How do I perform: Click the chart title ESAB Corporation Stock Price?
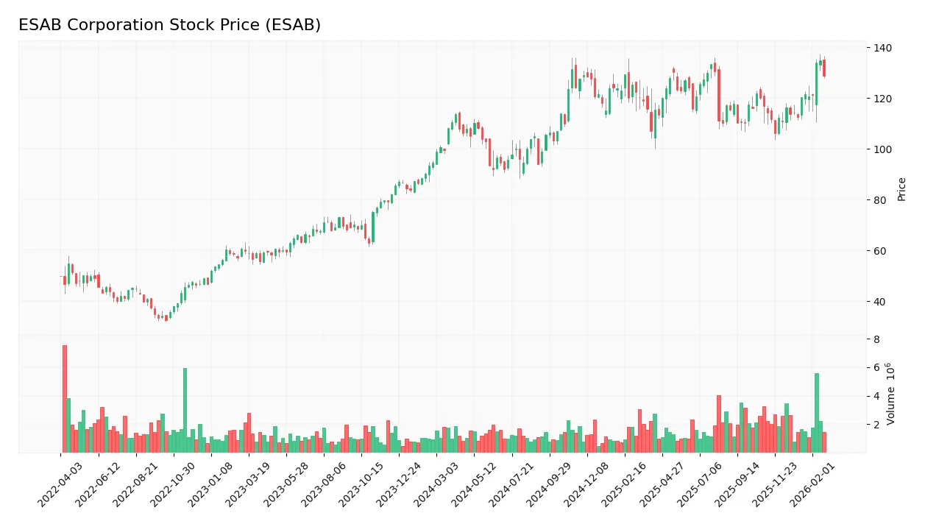tap(169, 25)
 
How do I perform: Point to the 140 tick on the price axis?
tap(882, 48)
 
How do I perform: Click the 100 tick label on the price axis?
tap(882, 149)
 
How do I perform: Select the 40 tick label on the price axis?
tap(879, 302)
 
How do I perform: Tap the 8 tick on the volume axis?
tap(876, 339)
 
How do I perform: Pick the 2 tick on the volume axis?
tap(876, 425)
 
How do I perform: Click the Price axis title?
tap(902, 189)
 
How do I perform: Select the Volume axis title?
tap(891, 394)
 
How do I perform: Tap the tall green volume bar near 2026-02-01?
tap(816, 413)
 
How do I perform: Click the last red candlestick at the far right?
tap(824, 68)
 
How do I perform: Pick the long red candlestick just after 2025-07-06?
tap(719, 95)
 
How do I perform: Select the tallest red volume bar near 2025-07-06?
tap(719, 424)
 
